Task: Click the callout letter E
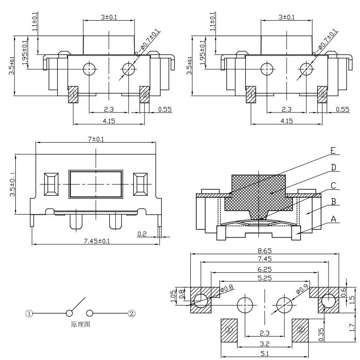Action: pos(333,150)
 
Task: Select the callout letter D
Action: pos(333,167)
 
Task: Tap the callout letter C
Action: pos(333,184)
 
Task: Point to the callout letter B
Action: pos(333,202)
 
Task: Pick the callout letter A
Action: pos(333,219)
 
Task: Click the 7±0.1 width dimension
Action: pos(95,139)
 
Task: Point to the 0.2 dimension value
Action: pos(142,234)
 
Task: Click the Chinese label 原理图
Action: pos(81,324)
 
